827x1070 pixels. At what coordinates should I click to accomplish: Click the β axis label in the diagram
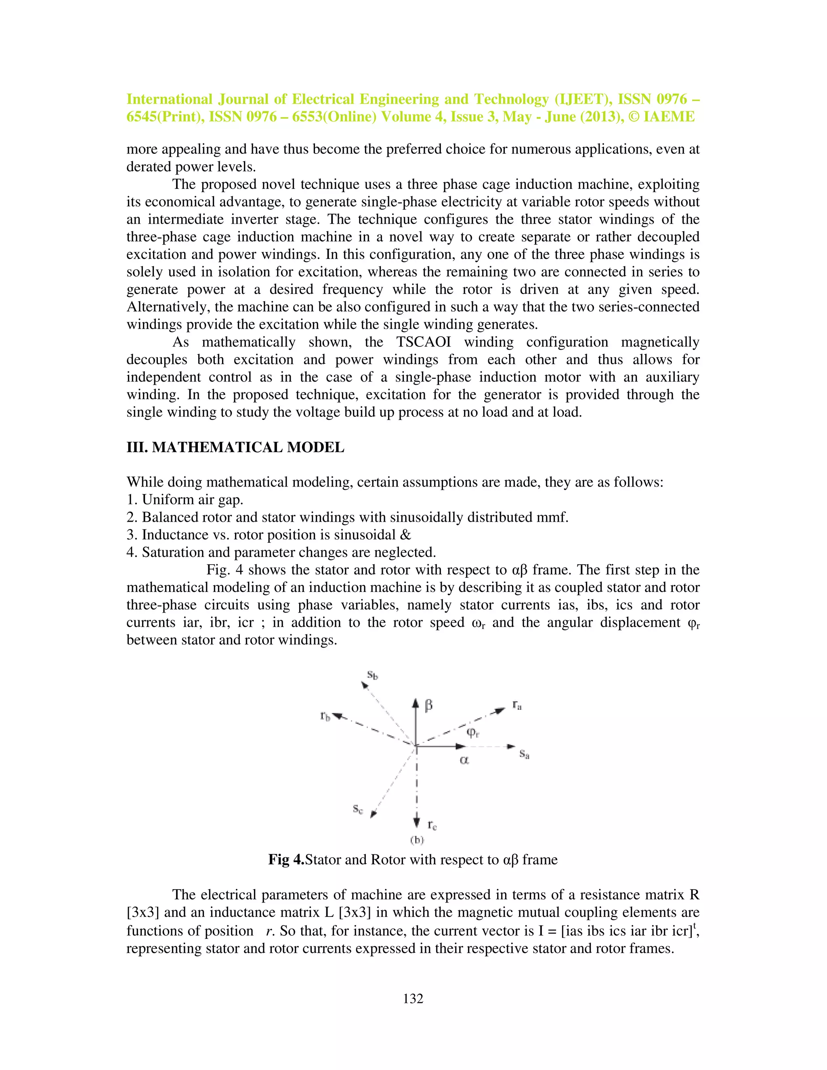pyautogui.click(x=429, y=706)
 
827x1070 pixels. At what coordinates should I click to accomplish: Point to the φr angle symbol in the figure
pyautogui.click(x=473, y=732)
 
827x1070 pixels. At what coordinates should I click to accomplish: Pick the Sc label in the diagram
pyautogui.click(x=358, y=809)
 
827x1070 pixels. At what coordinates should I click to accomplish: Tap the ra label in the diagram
pyautogui.click(x=517, y=705)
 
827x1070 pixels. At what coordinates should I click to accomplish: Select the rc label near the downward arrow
pyautogui.click(x=432, y=825)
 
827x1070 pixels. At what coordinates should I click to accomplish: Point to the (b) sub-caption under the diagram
pyautogui.click(x=416, y=840)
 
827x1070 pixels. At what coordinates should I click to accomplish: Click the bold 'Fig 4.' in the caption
pyautogui.click(x=286, y=860)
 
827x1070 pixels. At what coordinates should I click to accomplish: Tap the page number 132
pyautogui.click(x=413, y=999)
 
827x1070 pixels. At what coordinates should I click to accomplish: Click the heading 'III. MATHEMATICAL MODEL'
pyautogui.click(x=235, y=447)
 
